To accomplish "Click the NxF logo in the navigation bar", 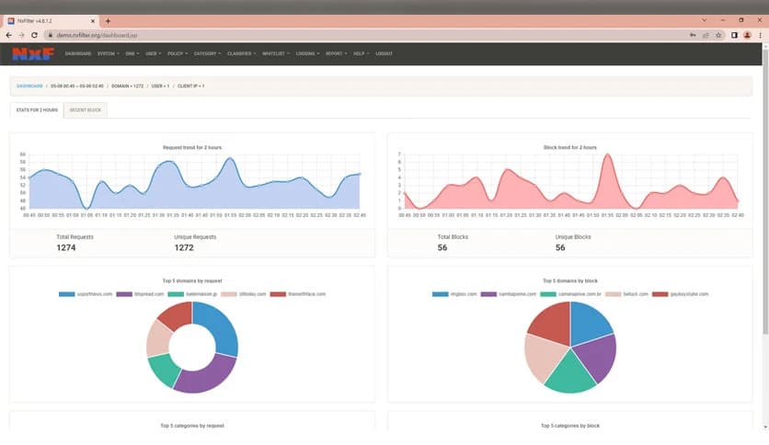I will pos(32,53).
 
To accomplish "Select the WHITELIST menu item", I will pos(274,53).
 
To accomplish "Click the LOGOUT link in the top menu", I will pos(384,53).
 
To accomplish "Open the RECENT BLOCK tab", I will pos(85,110).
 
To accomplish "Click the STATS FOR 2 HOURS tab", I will pos(37,110).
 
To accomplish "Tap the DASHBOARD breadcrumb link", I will pos(29,86).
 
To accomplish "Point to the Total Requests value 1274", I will pos(67,247).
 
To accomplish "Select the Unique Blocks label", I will pos(572,237).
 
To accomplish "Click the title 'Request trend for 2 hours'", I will pos(192,147).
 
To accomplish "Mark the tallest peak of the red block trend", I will pos(607,155).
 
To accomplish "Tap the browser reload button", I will pos(34,35).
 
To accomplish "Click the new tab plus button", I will pos(108,20).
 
